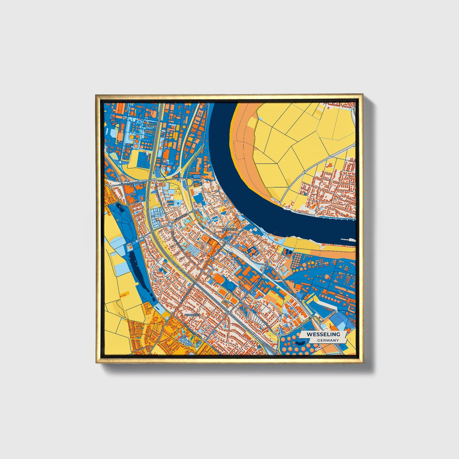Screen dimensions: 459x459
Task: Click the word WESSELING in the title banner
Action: click(x=323, y=334)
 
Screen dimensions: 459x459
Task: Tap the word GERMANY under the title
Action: click(x=327, y=340)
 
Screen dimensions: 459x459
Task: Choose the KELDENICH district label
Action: click(x=192, y=315)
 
